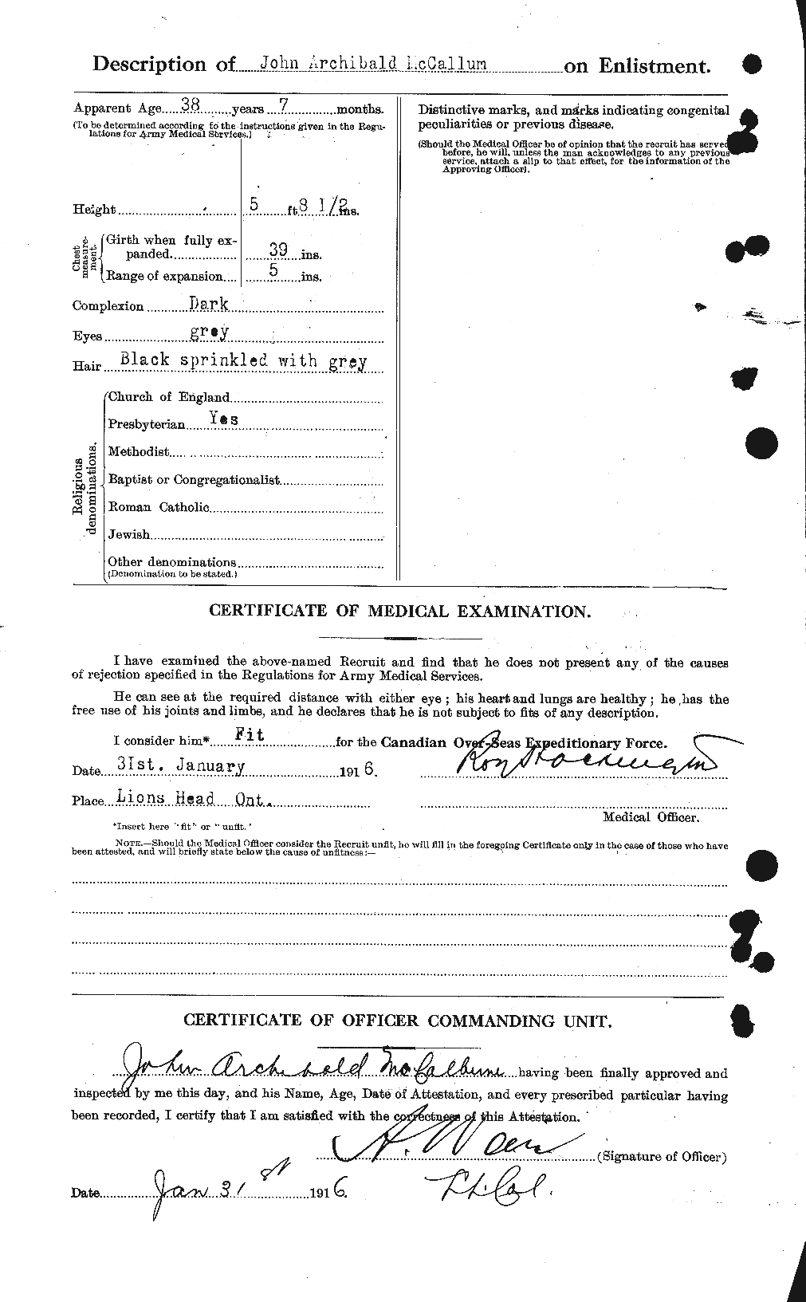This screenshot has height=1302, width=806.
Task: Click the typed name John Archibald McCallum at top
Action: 362,64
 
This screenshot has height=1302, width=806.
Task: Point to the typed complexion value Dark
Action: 209,304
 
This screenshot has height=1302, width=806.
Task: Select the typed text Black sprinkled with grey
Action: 243,360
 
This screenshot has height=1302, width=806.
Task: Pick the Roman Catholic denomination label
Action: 158,506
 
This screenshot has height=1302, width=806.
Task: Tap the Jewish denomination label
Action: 128,534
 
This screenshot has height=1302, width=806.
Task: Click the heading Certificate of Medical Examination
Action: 399,612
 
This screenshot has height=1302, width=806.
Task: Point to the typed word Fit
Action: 253,737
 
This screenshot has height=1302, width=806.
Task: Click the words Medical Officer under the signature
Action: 651,817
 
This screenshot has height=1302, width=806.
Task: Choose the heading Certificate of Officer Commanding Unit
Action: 399,1021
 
